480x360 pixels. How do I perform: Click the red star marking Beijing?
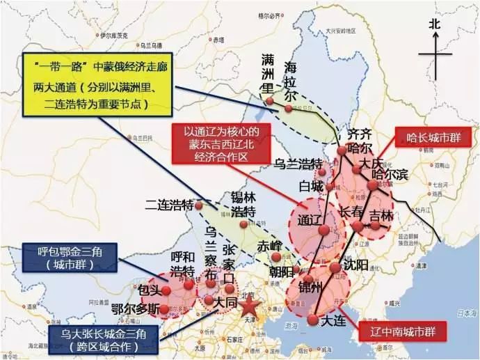(x=249, y=307)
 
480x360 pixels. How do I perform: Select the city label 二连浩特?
(x=169, y=205)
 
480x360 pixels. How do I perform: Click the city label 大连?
(x=335, y=322)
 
